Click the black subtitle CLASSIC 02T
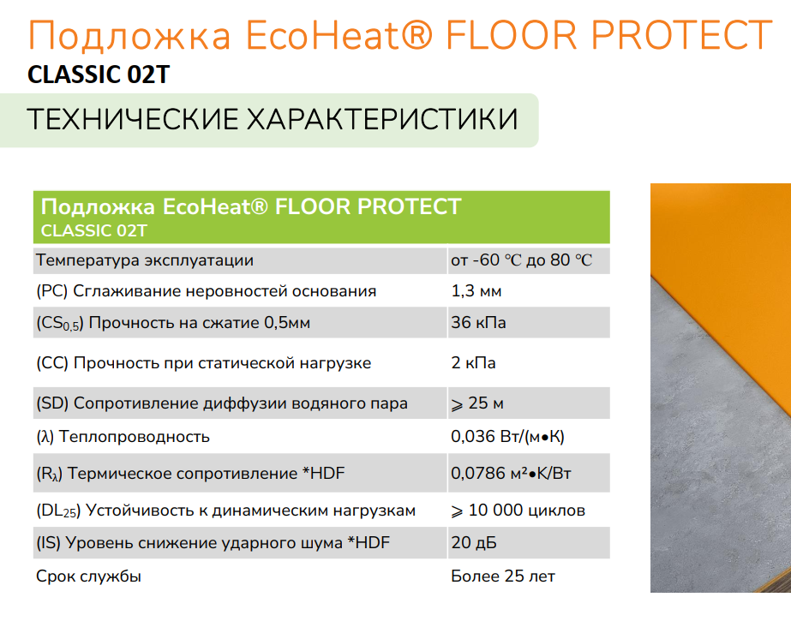99,75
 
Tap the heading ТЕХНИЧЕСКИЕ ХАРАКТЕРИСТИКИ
273,120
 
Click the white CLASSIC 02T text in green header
93,230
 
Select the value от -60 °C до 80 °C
522,260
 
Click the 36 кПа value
478,322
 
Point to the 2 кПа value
473,362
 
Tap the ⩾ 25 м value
477,403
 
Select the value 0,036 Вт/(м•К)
507,436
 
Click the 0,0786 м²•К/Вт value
511,473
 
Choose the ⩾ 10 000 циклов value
518,511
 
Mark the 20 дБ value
474,543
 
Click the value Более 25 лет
503,576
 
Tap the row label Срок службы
89,576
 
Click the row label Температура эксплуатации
145,260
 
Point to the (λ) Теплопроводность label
123,437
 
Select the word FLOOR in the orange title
512,35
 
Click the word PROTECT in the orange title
681,35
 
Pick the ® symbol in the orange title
417,34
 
